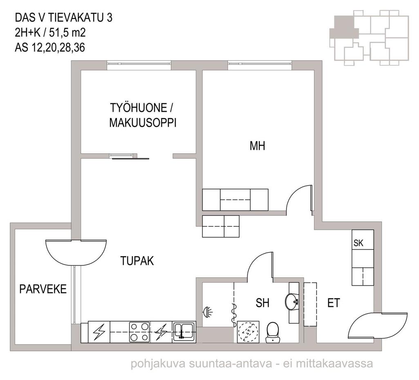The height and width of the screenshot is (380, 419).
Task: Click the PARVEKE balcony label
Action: click(43, 289)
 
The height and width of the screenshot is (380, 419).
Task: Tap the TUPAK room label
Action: click(137, 261)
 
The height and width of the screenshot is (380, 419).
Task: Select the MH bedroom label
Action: click(258, 146)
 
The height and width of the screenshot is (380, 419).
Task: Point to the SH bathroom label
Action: click(262, 303)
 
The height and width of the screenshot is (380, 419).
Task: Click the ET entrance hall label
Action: click(334, 303)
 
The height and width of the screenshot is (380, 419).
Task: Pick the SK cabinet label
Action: click(359, 243)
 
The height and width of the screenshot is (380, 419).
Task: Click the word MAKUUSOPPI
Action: click(143, 123)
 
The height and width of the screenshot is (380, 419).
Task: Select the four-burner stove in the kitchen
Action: click(139, 332)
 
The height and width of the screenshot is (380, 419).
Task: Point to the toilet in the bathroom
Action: click(273, 332)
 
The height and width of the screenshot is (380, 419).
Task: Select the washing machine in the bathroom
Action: click(248, 331)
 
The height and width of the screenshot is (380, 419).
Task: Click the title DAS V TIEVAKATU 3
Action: click(64, 18)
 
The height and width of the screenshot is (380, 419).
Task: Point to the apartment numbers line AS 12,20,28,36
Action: click(50, 47)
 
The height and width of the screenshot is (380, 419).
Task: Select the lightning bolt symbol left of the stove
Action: click(99, 332)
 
